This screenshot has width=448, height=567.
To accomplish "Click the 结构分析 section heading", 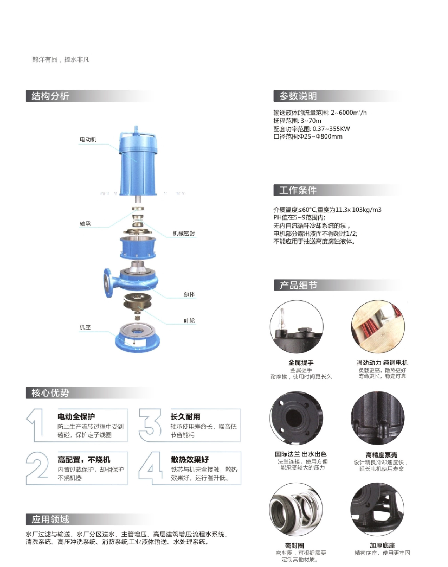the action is click(x=50, y=96).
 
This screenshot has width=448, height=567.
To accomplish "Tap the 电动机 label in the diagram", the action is click(x=88, y=140).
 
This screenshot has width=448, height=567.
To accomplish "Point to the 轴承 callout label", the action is click(x=85, y=224).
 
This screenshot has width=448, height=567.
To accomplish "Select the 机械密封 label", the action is click(x=184, y=233).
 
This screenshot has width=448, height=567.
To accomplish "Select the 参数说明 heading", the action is click(x=298, y=96).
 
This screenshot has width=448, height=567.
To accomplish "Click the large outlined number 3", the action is click(x=150, y=425).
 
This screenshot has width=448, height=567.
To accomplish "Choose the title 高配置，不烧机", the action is click(x=84, y=460).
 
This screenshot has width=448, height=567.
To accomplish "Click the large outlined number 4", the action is click(x=150, y=468).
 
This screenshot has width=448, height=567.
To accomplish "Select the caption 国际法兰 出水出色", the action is click(x=301, y=454).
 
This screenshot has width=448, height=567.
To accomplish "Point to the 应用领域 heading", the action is click(x=50, y=519).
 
